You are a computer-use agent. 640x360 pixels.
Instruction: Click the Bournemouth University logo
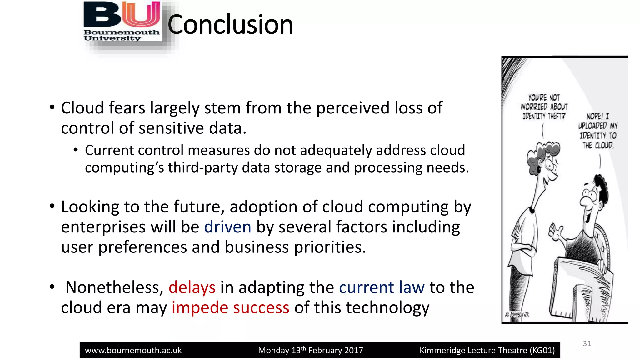pyautogui.click(x=122, y=22)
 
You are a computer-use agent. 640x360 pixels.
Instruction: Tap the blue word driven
pyautogui.click(x=227, y=227)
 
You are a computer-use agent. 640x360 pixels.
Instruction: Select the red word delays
pyautogui.click(x=192, y=287)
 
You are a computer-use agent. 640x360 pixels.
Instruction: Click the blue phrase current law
pyautogui.click(x=382, y=287)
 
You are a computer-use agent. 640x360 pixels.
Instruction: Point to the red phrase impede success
pyautogui.click(x=230, y=308)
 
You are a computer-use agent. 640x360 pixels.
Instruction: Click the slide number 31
pyautogui.click(x=587, y=344)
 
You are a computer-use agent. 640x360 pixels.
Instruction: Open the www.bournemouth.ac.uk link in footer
pyautogui.click(x=133, y=351)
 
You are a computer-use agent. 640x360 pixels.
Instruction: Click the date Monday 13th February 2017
pyautogui.click(x=310, y=351)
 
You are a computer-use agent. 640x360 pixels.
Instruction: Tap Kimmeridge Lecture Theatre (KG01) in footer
pyautogui.click(x=487, y=351)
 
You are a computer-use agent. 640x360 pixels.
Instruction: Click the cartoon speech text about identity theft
pyautogui.click(x=544, y=107)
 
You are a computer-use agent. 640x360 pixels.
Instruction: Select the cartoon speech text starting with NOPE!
pyautogui.click(x=597, y=131)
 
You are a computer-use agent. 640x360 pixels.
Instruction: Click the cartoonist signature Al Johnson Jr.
pyautogui.click(x=517, y=314)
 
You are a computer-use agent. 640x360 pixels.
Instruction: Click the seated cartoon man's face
pyautogui.click(x=591, y=200)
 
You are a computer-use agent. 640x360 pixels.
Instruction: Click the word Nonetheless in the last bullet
pyautogui.click(x=114, y=287)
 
